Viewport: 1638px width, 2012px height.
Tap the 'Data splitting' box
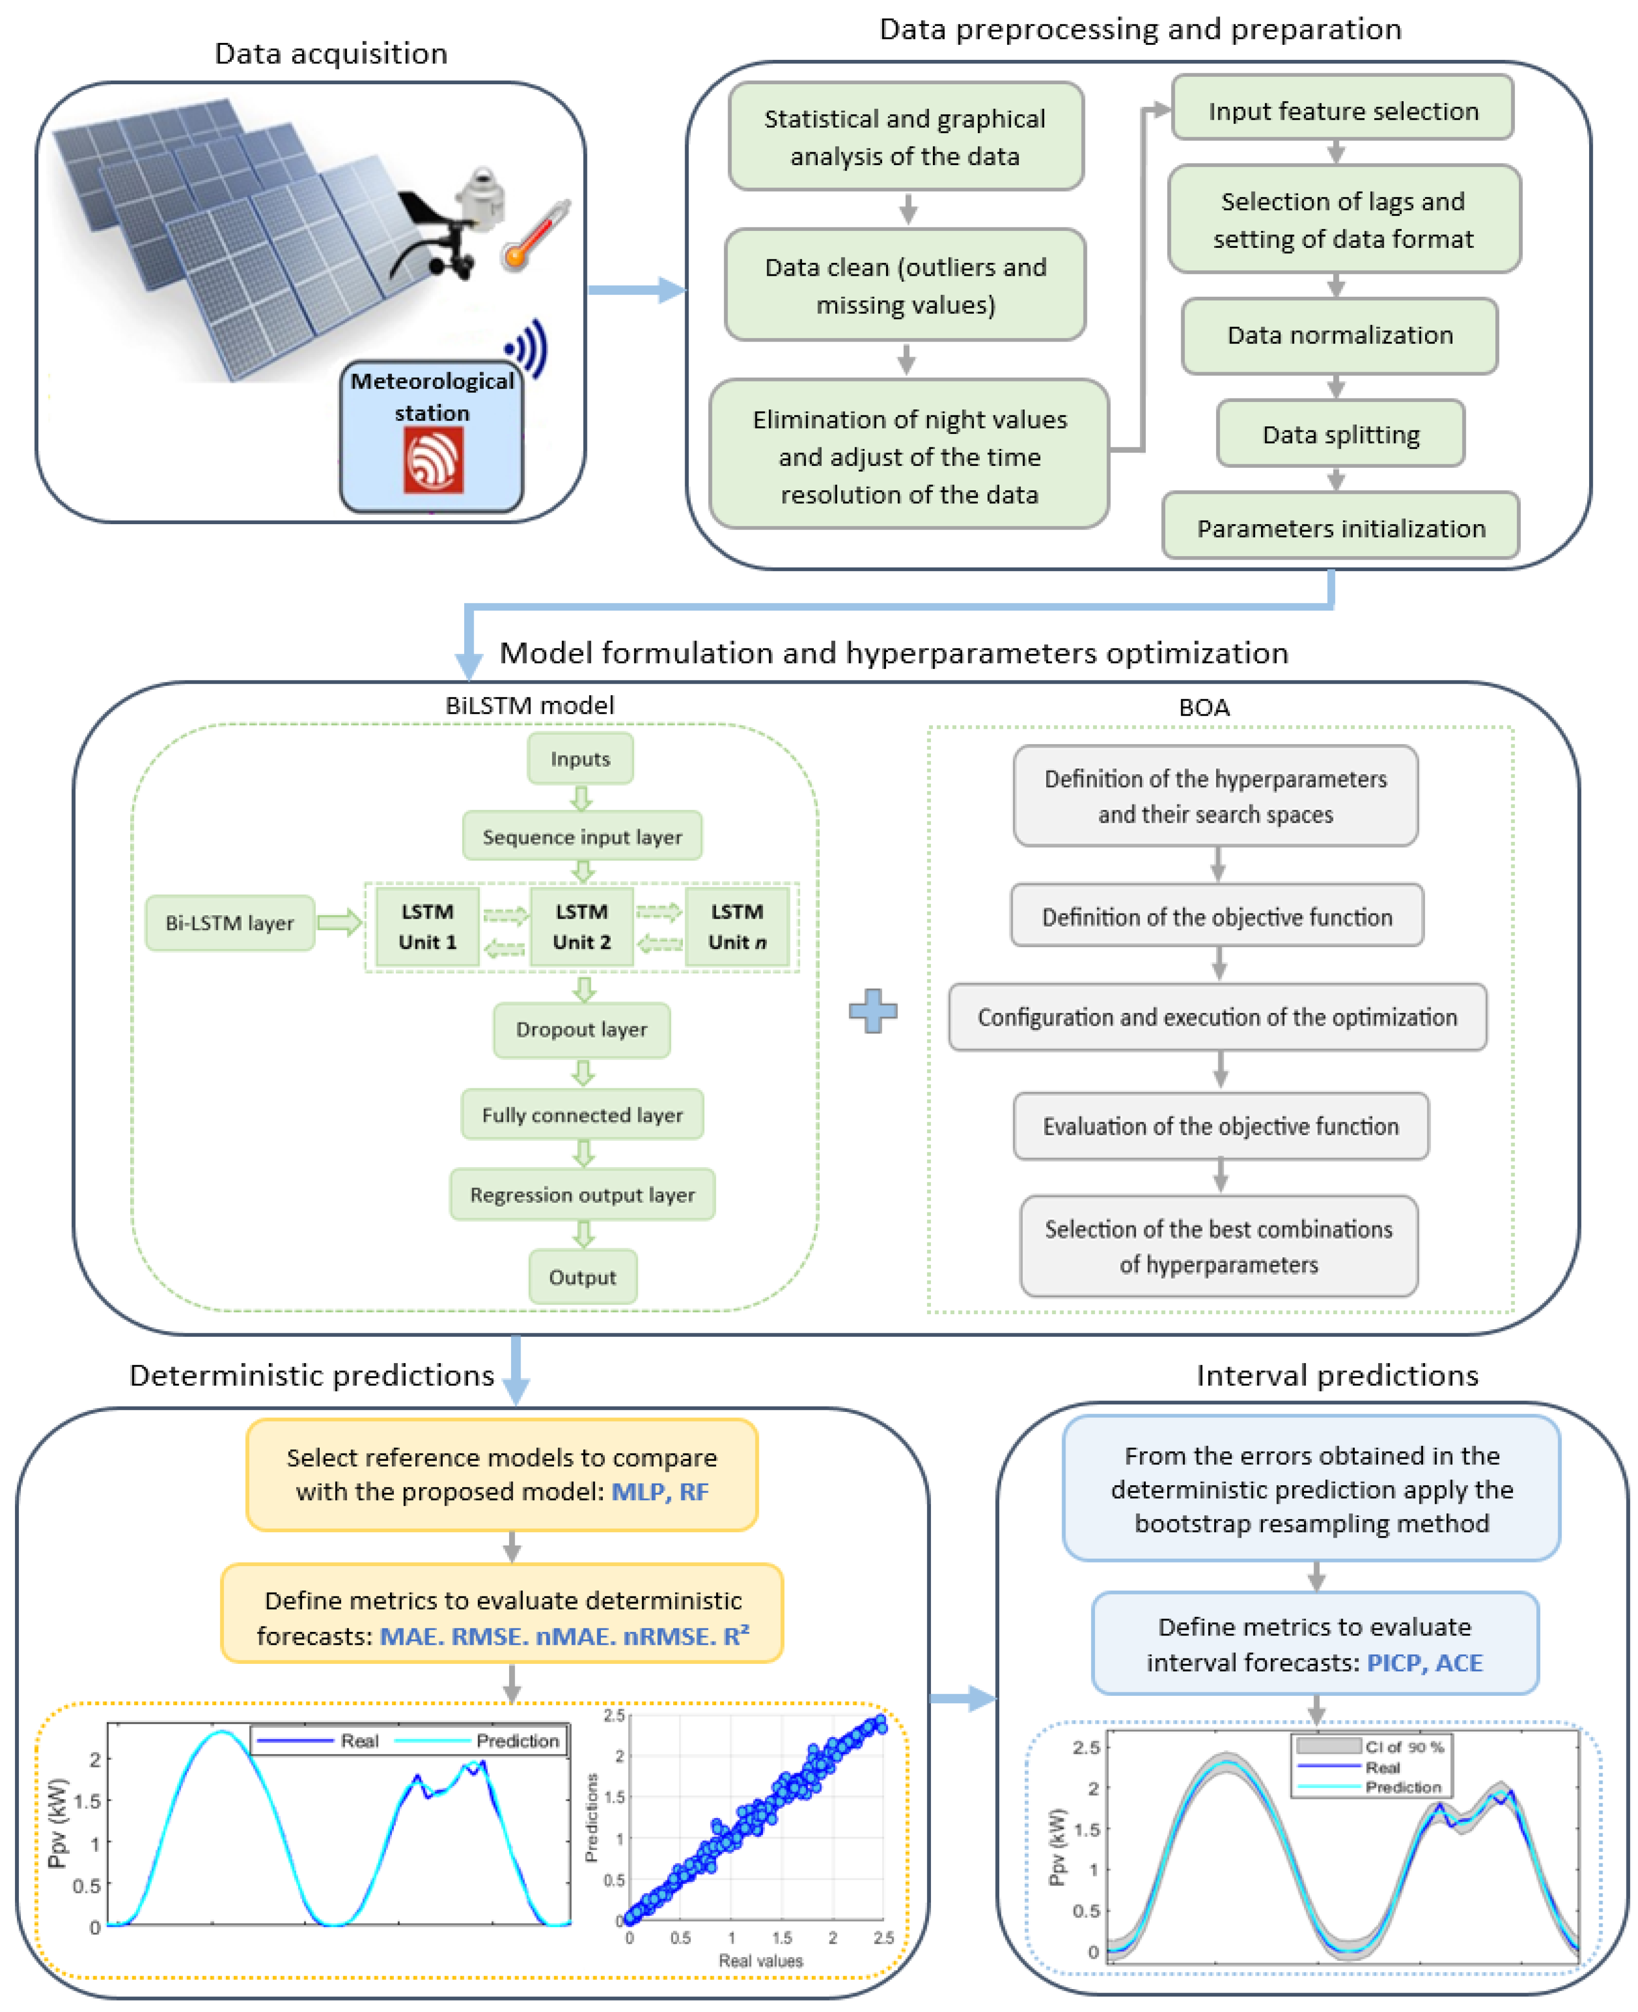pyautogui.click(x=1340, y=434)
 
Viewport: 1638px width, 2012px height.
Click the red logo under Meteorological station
pyautogui.click(x=433, y=459)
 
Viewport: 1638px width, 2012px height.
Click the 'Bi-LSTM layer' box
pyautogui.click(x=229, y=922)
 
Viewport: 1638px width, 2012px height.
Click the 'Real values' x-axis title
pyautogui.click(x=760, y=1960)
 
